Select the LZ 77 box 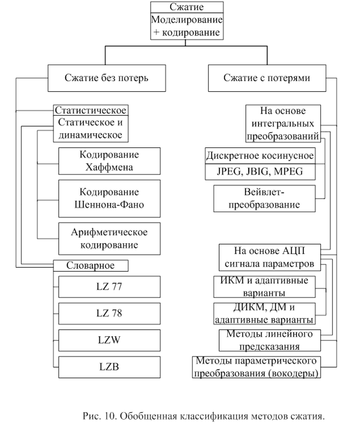pyautogui.click(x=109, y=286)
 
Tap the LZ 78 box pyautogui.click(x=109, y=312)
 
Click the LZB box pyautogui.click(x=109, y=366)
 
